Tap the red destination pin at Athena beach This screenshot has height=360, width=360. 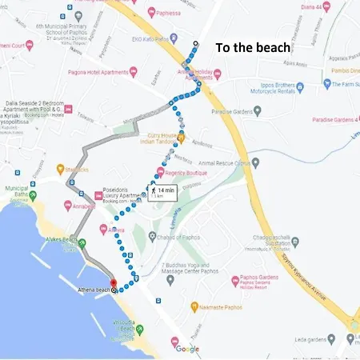pyautogui.click(x=113, y=284)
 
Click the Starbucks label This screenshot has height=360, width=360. pyautogui.click(x=76, y=169)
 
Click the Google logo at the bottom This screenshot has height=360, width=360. pyautogui.click(x=187, y=349)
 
